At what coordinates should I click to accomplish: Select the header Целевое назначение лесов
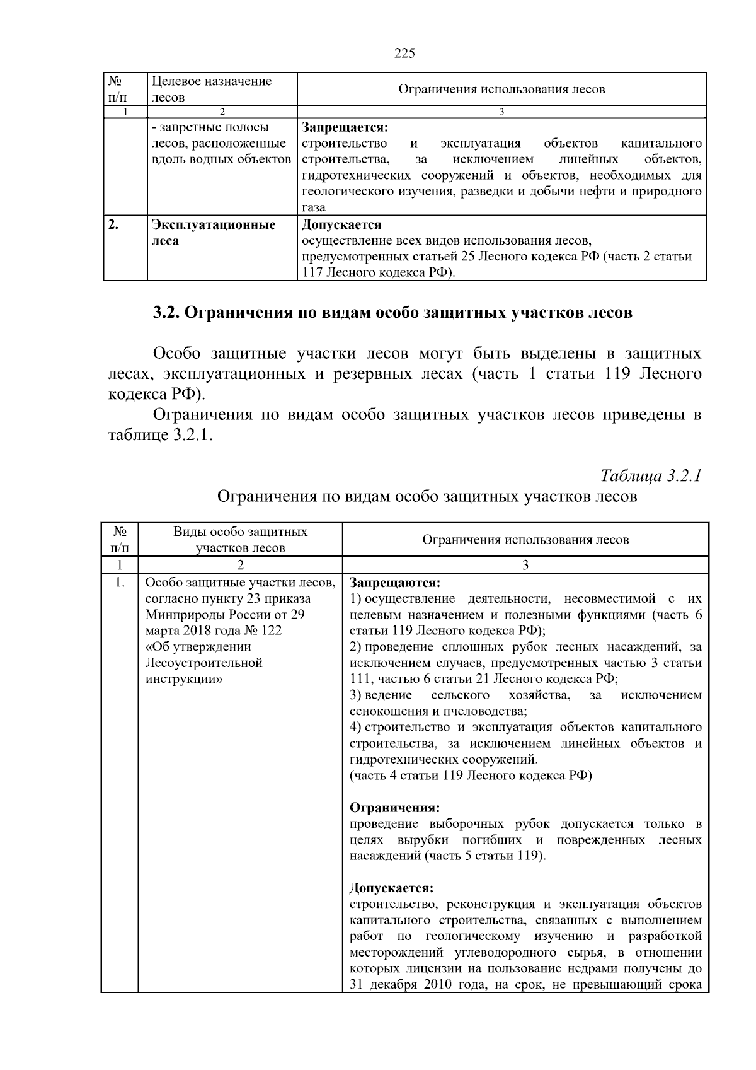[212, 89]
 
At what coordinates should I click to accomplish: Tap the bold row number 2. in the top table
[113, 225]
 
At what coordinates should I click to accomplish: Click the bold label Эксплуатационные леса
[214, 233]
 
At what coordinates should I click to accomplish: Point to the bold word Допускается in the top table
[341, 225]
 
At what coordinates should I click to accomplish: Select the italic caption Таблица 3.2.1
[651, 475]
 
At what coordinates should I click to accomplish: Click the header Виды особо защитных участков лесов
[240, 540]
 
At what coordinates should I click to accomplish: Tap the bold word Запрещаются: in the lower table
[394, 582]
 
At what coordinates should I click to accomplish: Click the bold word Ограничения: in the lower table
[394, 808]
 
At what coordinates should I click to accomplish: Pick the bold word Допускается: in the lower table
[391, 888]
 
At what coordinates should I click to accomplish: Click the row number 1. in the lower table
[120, 582]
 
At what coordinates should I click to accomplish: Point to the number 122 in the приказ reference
[272, 631]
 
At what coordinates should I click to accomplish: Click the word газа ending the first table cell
[314, 207]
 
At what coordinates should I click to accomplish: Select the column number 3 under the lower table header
[525, 565]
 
